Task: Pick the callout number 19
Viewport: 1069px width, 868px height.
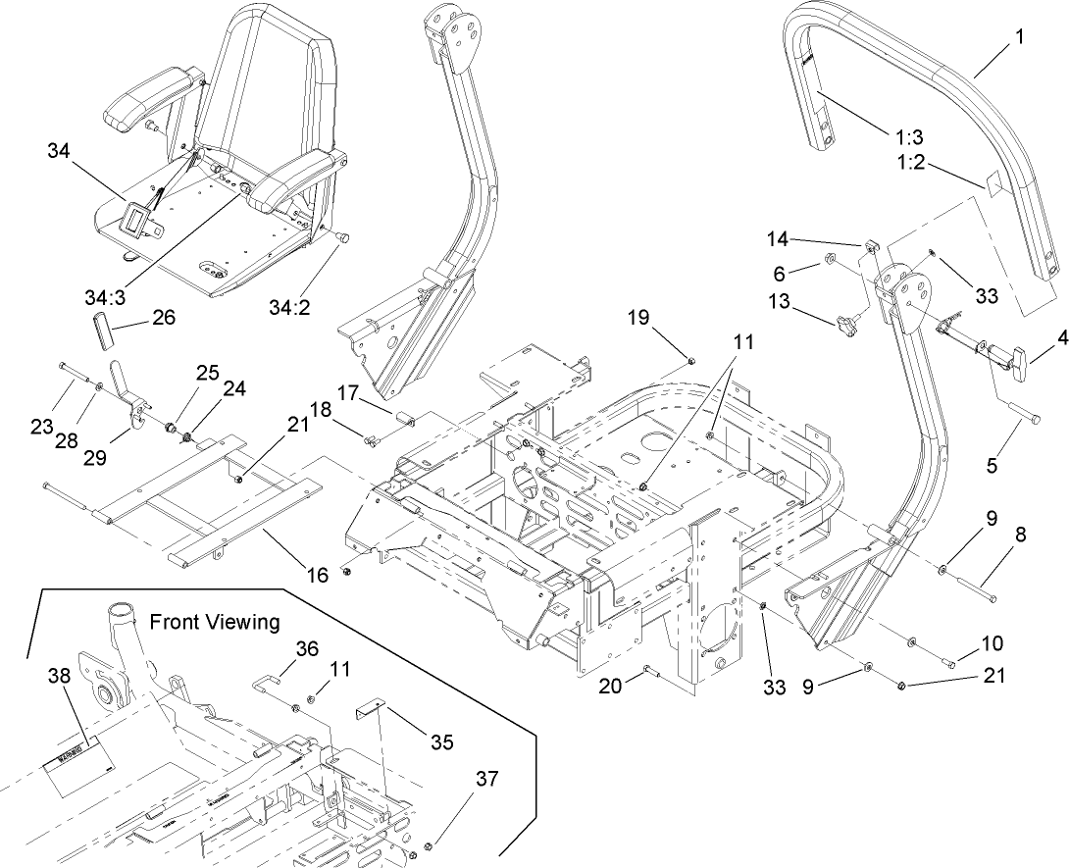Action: [x=638, y=318]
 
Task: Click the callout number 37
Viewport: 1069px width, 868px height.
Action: [x=487, y=780]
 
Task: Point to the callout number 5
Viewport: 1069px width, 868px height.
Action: [x=993, y=467]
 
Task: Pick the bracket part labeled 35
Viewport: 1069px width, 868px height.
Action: [x=370, y=708]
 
